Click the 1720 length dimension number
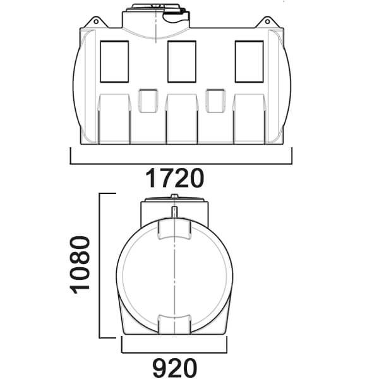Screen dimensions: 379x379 tap(174, 178)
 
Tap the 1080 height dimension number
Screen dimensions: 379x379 tap(80, 265)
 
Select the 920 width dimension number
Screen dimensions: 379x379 tap(174, 368)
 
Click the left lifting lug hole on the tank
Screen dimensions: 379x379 tap(96, 21)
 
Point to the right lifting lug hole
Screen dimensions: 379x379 tap(267, 21)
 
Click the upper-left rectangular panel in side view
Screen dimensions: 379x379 tap(114, 62)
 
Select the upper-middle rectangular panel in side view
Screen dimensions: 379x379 tap(182, 62)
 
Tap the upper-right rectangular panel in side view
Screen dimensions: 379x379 tap(250, 62)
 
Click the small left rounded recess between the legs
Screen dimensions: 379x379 tap(148, 101)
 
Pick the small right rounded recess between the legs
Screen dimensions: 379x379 tap(215, 101)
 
